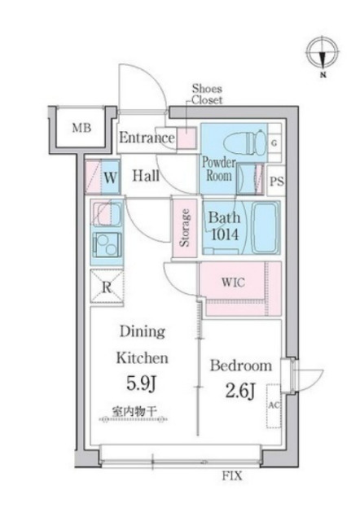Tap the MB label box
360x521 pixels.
pos(80,128)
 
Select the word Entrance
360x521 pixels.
pos(147,138)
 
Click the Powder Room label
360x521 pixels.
pos(217,168)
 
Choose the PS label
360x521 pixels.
pos(276,180)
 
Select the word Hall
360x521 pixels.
pos(147,176)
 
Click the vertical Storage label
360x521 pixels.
pos(185,227)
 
